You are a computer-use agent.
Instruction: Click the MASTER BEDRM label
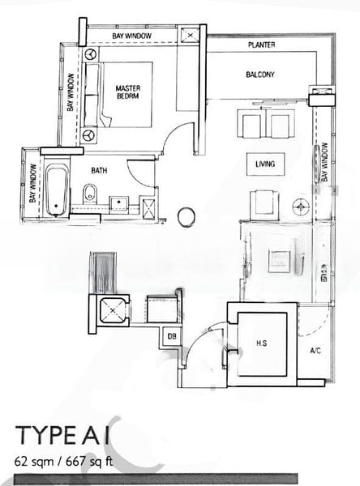click(129, 92)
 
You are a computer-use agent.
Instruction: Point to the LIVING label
click(265, 164)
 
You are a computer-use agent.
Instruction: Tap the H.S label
click(262, 343)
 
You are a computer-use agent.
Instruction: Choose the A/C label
click(315, 351)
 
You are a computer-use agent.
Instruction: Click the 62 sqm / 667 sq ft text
click(64, 464)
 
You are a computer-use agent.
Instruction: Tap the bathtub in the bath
click(55, 190)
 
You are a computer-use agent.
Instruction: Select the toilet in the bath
click(90, 193)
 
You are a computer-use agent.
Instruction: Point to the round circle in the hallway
click(186, 216)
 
